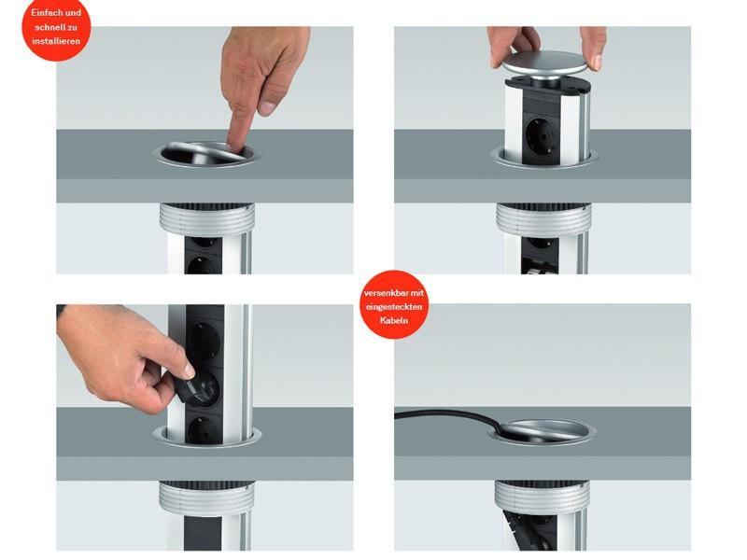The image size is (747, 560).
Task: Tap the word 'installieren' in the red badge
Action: (56, 42)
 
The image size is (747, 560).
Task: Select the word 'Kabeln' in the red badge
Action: (394, 320)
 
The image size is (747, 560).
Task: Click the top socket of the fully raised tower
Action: (205, 334)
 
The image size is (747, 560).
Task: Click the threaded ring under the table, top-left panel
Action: (206, 219)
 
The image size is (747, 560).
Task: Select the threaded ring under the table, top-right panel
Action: (543, 219)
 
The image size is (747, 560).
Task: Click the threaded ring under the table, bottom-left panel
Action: (206, 497)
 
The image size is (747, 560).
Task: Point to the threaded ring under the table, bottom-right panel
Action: (543, 497)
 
